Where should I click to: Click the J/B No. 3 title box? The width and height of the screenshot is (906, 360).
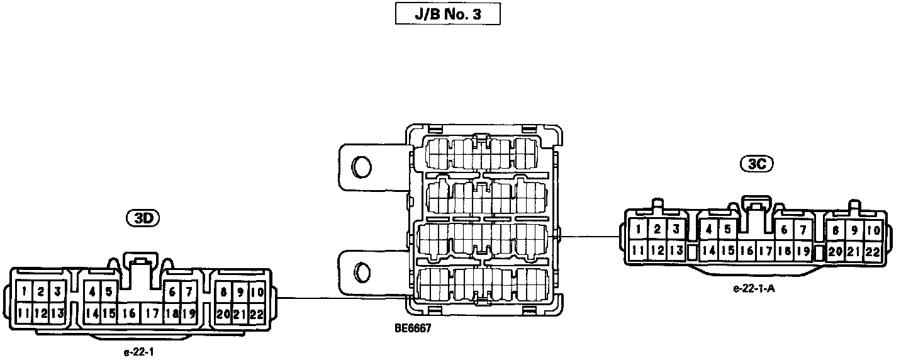click(447, 14)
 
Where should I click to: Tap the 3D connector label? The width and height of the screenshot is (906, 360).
click(143, 218)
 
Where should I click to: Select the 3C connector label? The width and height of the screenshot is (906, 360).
click(756, 164)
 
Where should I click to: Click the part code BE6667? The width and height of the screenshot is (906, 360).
click(413, 328)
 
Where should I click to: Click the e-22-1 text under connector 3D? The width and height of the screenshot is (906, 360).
click(139, 352)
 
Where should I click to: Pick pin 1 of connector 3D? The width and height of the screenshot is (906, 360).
click(24, 291)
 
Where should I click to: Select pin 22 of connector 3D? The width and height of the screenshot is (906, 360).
click(255, 313)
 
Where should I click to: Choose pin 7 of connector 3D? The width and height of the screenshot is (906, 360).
click(188, 292)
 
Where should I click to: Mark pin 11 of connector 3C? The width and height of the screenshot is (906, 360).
click(638, 250)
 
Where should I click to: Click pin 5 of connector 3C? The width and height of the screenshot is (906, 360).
click(727, 230)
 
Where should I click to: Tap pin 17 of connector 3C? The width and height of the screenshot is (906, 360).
click(766, 250)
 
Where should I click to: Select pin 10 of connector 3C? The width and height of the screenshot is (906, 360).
click(873, 230)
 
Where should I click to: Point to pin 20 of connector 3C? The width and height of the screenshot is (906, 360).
click(836, 251)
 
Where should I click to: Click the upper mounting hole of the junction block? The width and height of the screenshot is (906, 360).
click(362, 166)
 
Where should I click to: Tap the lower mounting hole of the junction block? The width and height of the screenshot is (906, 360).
click(362, 272)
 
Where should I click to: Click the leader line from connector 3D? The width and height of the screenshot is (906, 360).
click(340, 298)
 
